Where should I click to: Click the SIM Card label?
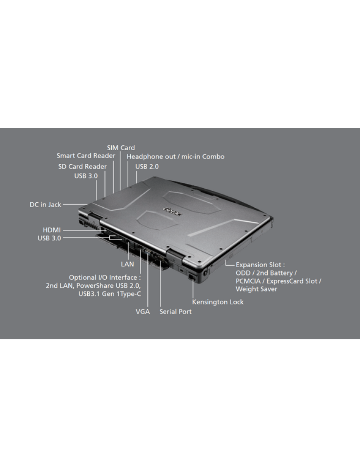(121, 148)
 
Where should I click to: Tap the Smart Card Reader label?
(86, 156)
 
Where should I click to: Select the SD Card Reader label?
(82, 166)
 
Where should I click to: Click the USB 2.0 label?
(147, 166)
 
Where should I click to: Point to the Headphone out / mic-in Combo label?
(175, 156)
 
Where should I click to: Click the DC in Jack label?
(46, 204)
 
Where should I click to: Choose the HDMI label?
(52, 230)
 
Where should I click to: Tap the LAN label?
(127, 264)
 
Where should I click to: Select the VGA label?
(143, 312)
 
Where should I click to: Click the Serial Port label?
(175, 312)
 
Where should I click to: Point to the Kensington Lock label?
(218, 302)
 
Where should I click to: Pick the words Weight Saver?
(257, 289)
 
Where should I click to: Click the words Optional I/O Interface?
(103, 278)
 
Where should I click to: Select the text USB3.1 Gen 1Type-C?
(110, 294)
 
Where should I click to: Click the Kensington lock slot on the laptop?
(192, 277)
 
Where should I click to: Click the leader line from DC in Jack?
(75, 204)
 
